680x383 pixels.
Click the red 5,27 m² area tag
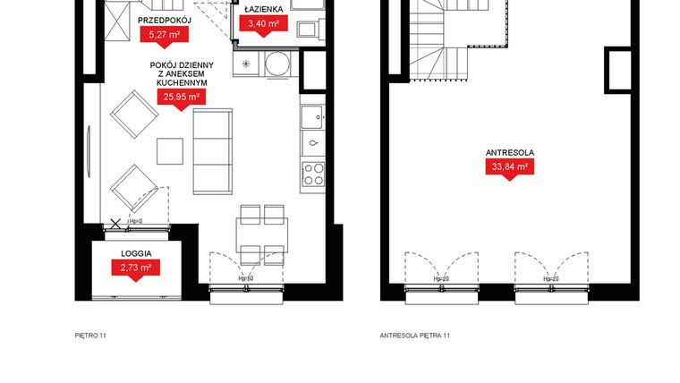pyautogui.click(x=161, y=35)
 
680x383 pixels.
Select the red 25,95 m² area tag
pyautogui.click(x=180, y=97)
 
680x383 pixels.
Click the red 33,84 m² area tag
pyautogui.click(x=510, y=166)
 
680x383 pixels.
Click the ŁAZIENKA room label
pyautogui.click(x=264, y=8)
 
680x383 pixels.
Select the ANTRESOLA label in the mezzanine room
pyautogui.click(x=510, y=151)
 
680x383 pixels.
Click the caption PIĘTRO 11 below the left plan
pyautogui.click(x=91, y=336)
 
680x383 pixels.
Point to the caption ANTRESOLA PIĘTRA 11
pyautogui.click(x=414, y=336)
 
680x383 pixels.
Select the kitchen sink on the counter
pyautogui.click(x=313, y=142)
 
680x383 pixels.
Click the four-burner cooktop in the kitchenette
pyautogui.click(x=313, y=174)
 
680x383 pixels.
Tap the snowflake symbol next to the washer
pyautogui.click(x=248, y=64)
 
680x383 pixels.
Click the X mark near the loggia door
pyautogui.click(x=115, y=222)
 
